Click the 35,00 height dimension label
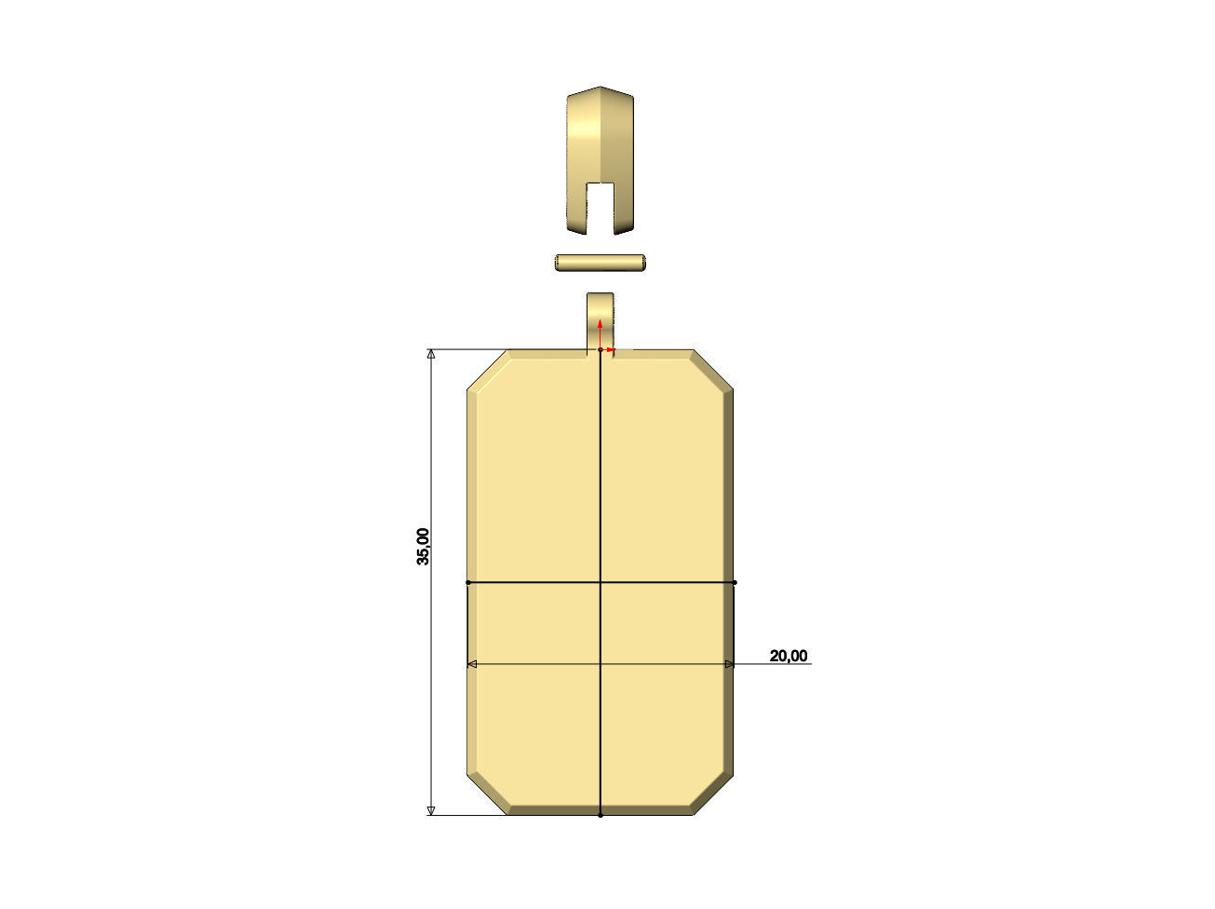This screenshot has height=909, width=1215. point(424,547)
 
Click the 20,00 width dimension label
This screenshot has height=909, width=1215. point(788,656)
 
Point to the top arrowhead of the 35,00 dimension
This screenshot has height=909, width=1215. point(430,355)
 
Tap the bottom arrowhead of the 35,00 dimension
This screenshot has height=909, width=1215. point(430,810)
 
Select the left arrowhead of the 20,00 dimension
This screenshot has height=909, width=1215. point(471,664)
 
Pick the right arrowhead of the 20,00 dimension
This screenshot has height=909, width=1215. point(729,664)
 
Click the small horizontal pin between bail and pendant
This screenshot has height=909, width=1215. point(601,264)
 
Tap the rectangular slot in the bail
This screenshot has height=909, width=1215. point(601,207)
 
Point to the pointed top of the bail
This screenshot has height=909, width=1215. point(601,89)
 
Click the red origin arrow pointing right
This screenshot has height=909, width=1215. point(611,350)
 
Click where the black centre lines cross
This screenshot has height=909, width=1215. point(601,583)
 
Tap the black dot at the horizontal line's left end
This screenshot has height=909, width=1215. point(467,583)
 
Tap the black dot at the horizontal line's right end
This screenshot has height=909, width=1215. point(735,583)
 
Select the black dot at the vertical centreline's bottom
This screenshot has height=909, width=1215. point(601,815)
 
